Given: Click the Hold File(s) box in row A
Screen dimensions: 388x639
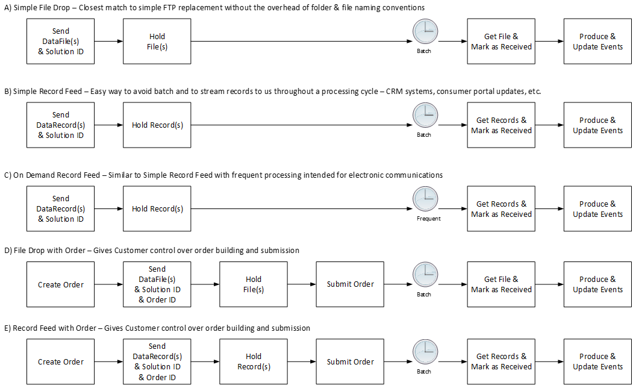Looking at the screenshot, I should [157, 41].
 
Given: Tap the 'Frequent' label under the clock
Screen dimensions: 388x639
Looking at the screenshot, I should [428, 219].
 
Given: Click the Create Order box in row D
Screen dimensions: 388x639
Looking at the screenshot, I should [61, 284].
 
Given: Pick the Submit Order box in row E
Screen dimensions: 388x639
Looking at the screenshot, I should [350, 361].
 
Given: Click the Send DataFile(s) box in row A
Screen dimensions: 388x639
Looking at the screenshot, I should [61, 41].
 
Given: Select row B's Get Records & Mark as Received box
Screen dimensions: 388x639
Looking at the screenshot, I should [501, 125].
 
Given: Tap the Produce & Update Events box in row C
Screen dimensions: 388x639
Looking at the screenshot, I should [597, 208].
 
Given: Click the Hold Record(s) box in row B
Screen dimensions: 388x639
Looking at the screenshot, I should [157, 125].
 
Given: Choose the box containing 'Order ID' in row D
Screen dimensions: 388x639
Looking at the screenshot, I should [157, 284].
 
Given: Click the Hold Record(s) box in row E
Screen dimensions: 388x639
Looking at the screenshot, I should [254, 361].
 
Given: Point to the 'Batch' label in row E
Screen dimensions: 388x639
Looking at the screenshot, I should [424, 372].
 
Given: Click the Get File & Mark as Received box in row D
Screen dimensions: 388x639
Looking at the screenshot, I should [501, 284].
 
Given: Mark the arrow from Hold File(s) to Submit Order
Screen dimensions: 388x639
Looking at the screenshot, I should [302, 284].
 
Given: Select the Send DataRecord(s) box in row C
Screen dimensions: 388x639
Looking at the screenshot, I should [61, 208].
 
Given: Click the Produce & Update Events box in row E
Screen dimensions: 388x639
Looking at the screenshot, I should [597, 361].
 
